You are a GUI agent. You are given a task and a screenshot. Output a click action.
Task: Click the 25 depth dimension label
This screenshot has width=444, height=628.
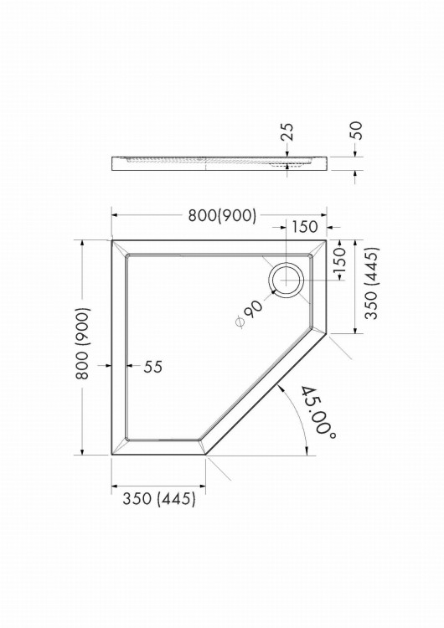click(287, 131)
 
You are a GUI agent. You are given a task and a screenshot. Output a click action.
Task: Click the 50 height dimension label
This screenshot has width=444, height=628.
click(356, 130)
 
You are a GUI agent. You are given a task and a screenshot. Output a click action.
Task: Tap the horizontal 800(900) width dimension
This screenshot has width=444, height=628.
click(222, 215)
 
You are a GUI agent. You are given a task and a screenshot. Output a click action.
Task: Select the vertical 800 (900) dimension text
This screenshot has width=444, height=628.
click(82, 343)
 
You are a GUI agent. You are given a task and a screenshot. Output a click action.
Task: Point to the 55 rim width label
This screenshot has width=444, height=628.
click(153, 367)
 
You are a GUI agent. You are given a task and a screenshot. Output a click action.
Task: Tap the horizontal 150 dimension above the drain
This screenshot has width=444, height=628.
click(304, 227)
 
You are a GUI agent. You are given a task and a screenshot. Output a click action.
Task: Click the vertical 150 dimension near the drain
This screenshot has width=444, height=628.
click(339, 259)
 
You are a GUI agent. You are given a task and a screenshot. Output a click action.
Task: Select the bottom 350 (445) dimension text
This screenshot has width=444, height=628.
click(159, 499)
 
